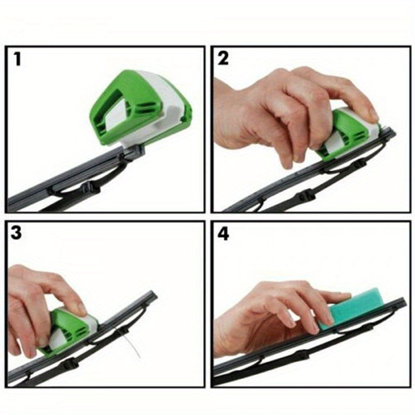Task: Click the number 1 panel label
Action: (18, 60)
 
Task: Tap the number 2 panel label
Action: (223, 59)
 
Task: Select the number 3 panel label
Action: (17, 233)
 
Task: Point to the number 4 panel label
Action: (223, 233)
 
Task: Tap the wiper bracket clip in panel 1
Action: (136, 151)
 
